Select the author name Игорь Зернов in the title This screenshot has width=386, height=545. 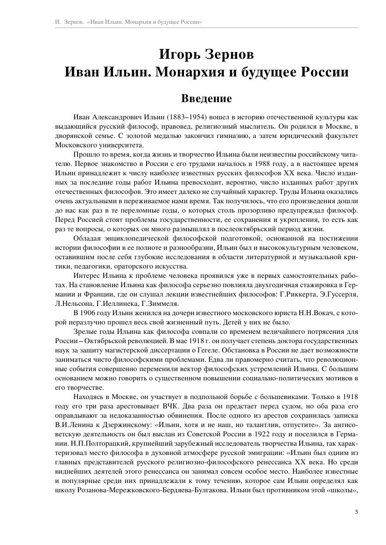pyautogui.click(x=206, y=55)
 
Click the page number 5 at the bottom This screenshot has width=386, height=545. pyautogui.click(x=357, y=511)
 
